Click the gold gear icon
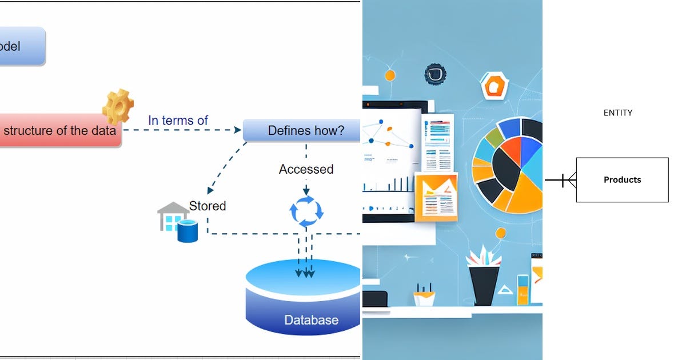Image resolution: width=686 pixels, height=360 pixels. [x=118, y=107]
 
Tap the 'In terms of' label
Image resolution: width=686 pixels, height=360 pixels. [x=178, y=121]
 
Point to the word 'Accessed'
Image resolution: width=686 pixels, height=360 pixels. [x=306, y=169]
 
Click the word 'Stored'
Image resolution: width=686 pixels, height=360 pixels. [x=208, y=206]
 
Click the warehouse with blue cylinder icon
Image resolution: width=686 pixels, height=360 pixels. [x=177, y=222]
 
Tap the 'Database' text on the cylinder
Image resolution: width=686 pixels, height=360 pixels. [x=311, y=320]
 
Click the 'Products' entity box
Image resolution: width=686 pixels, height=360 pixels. [x=622, y=179]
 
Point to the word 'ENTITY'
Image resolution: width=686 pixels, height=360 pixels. [x=618, y=113]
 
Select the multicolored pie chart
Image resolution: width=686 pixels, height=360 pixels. [x=508, y=165]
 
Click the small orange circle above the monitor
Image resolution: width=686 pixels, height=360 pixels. [x=390, y=75]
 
